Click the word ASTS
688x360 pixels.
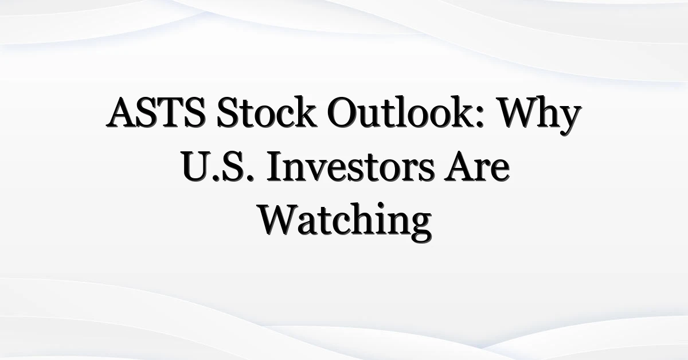coord(156,112)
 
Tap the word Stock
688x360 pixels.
coord(267,112)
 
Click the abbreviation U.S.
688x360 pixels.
coord(218,166)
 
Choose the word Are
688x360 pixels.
coord(476,166)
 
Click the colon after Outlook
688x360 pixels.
coord(479,118)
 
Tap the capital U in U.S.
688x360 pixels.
coord(197,166)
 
